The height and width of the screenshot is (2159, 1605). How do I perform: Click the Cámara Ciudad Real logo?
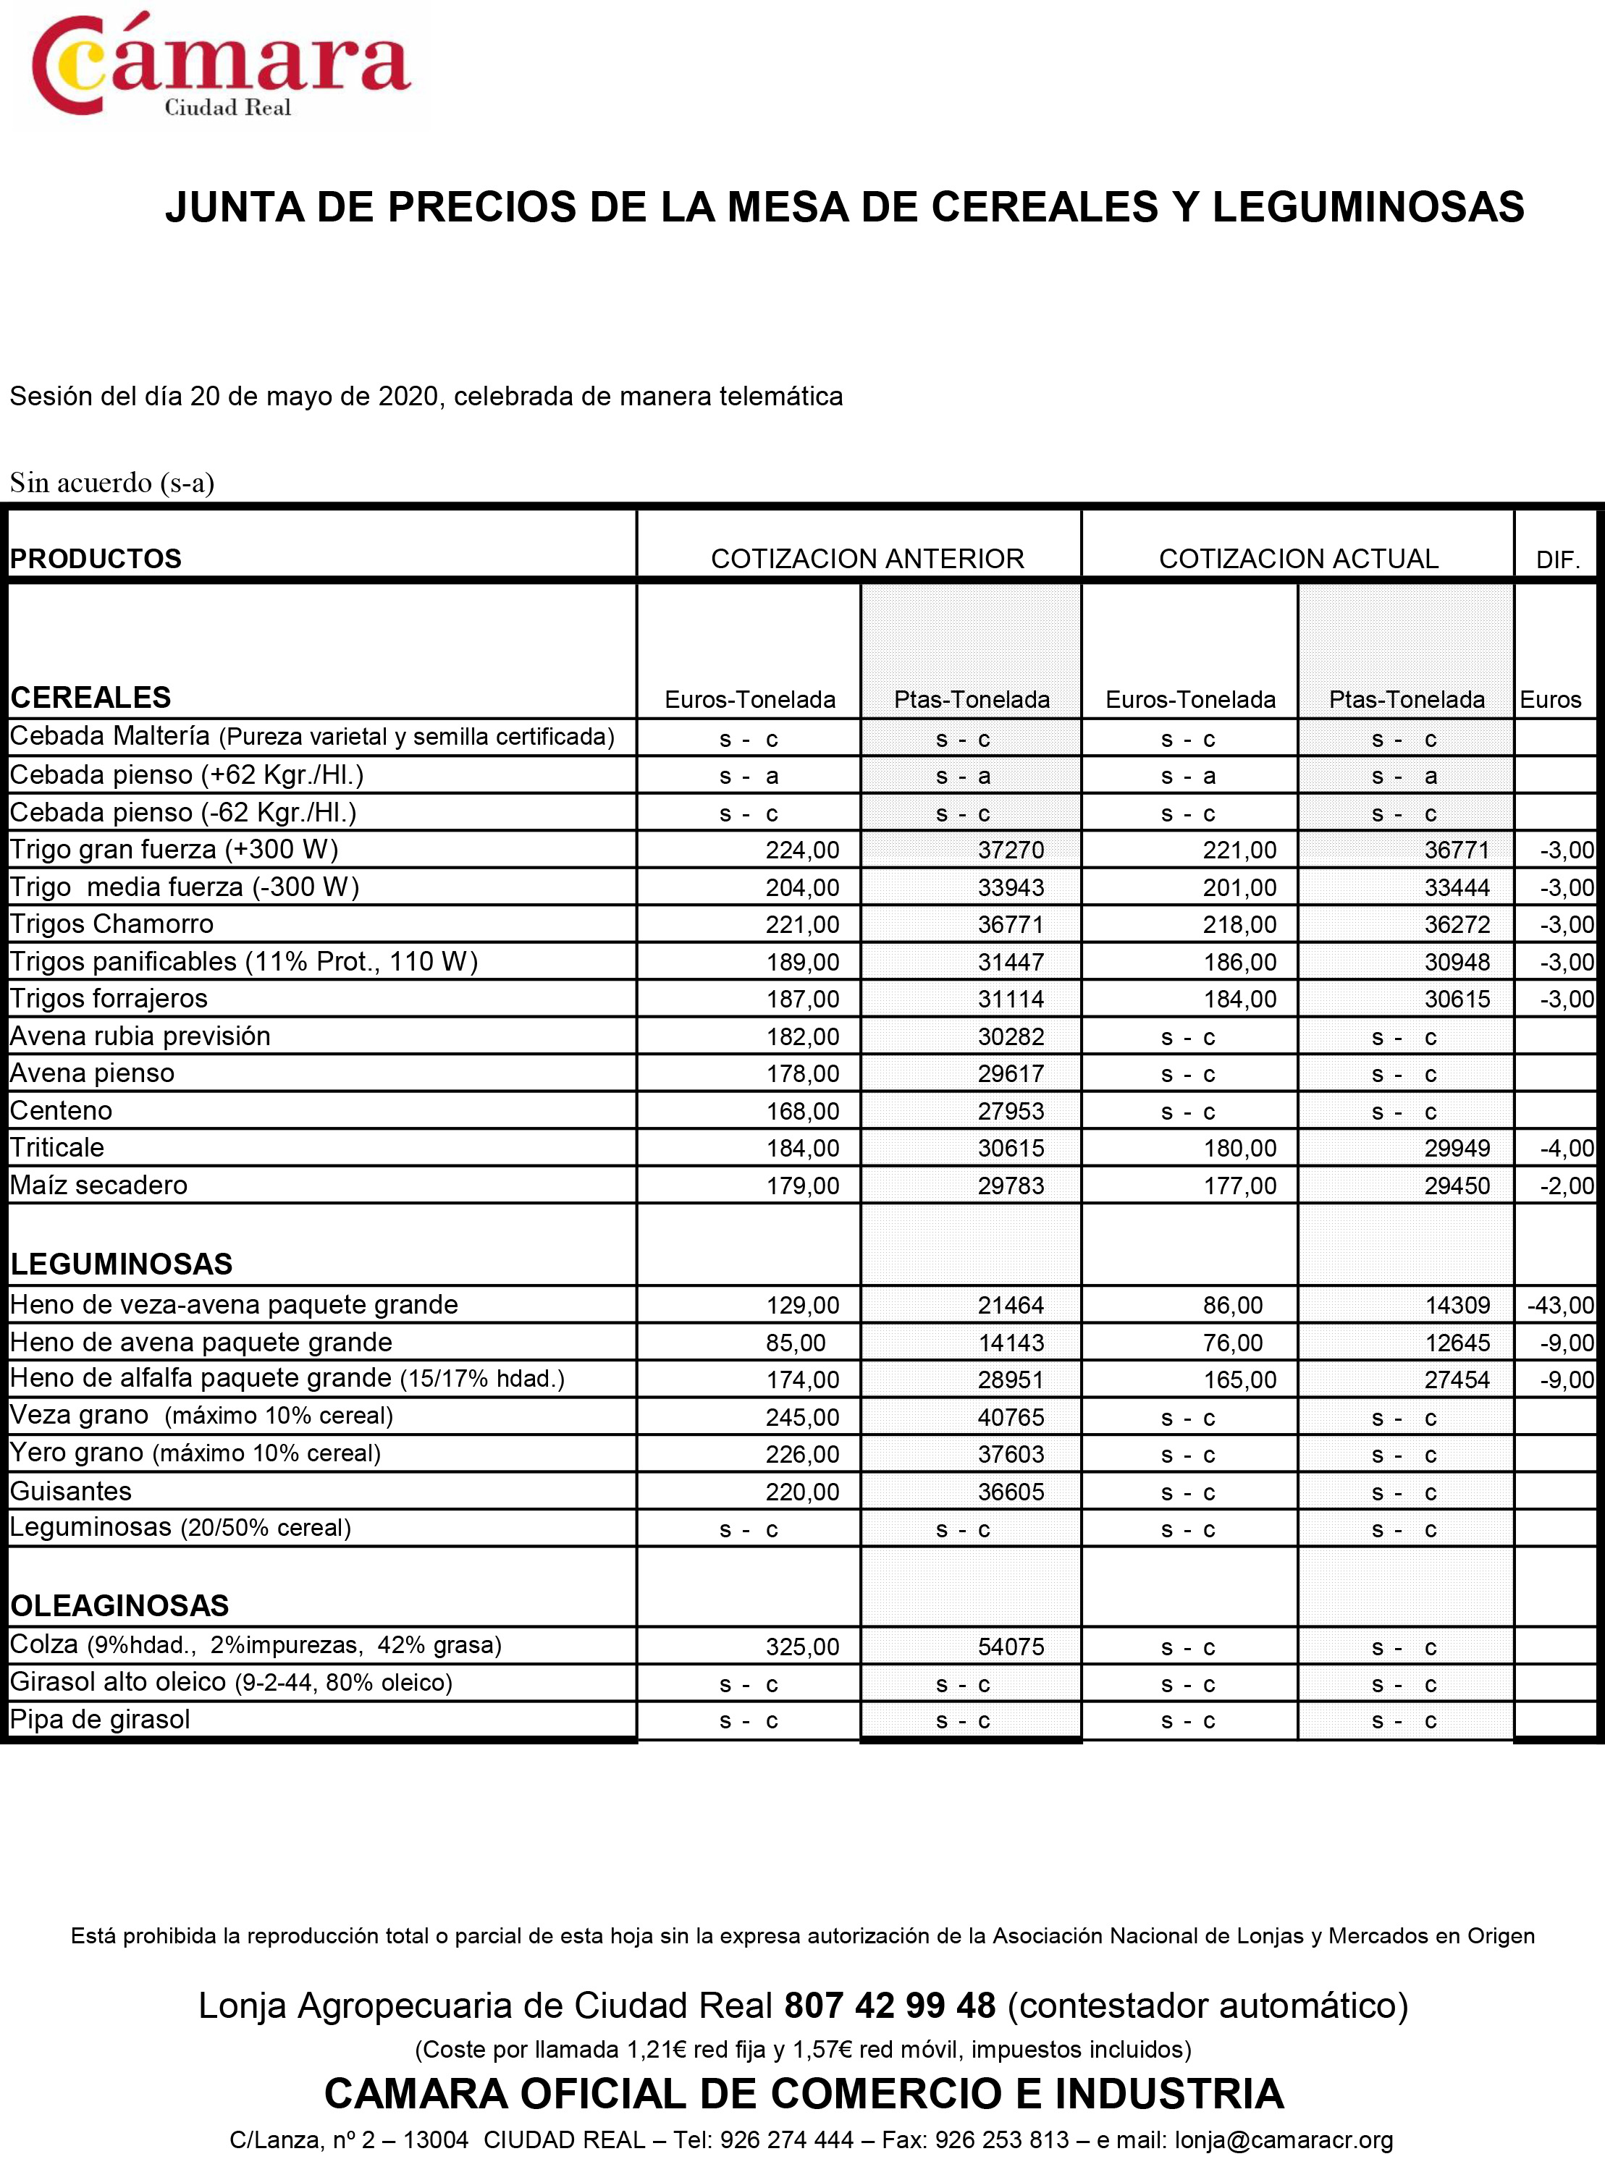[222, 66]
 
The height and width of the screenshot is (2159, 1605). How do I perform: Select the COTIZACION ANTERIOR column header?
[867, 559]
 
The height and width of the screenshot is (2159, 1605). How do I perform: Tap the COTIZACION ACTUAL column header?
[1298, 559]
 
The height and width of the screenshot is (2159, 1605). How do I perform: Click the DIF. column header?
[1557, 560]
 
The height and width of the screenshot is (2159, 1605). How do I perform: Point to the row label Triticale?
[57, 1147]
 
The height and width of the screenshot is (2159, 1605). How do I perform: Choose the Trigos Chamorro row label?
[111, 924]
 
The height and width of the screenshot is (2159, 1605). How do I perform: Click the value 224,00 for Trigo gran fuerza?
[801, 850]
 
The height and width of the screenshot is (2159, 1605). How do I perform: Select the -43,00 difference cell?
[1560, 1305]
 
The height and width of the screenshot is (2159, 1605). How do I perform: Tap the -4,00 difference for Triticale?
[1566, 1148]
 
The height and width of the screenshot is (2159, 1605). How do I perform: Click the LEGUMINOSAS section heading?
[122, 1264]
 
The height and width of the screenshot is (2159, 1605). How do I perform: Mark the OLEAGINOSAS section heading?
[119, 1605]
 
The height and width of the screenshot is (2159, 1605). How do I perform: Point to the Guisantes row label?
[71, 1491]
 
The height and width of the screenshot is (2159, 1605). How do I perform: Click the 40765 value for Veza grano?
[1011, 1417]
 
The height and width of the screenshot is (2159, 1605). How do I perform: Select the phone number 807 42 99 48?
[889, 2005]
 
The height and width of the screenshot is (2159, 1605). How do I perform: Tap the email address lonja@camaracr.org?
[1284, 2139]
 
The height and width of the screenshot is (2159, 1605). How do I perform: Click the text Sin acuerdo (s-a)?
[111, 483]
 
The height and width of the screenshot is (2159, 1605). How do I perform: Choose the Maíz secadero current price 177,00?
[1239, 1186]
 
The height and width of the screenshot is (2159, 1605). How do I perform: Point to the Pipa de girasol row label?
[100, 1719]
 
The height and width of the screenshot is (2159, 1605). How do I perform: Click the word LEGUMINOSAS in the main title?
[1368, 207]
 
